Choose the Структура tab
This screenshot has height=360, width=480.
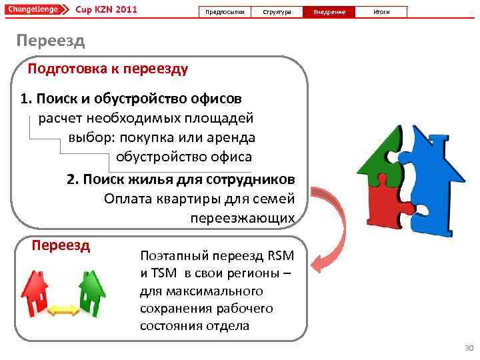coord(277,12)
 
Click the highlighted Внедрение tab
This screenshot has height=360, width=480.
coord(329,12)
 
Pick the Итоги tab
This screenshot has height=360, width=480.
coord(381,12)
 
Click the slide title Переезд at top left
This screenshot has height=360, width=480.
coord(51,41)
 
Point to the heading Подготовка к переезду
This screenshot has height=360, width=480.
coord(108,69)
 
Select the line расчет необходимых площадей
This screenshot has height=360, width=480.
coord(145,119)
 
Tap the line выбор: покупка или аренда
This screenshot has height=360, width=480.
coord(161,138)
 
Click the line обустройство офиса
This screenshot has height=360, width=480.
coord(184,157)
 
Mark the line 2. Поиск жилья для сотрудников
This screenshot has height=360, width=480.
coord(180,180)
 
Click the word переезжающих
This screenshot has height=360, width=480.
coord(241,218)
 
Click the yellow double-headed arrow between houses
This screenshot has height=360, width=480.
coord(64,309)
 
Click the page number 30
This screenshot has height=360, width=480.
coord(467,349)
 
